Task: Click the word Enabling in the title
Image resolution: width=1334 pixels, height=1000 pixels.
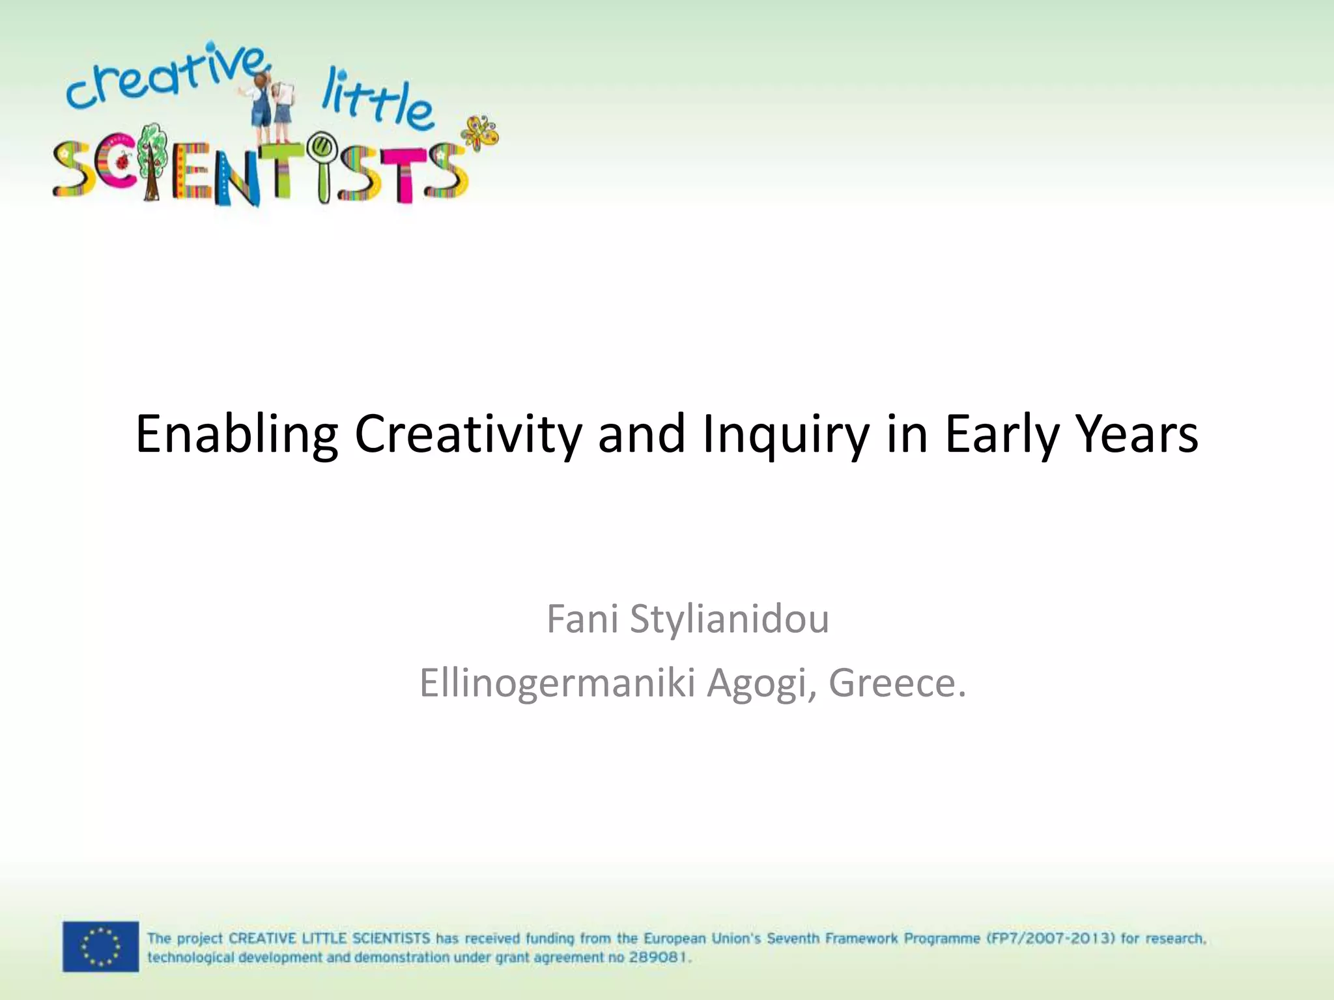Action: coord(236,434)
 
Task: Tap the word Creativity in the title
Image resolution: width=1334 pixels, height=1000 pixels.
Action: coord(468,434)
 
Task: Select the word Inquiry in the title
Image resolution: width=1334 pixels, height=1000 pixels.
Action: coord(785,434)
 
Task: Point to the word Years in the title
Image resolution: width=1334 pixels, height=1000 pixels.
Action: coord(1137,434)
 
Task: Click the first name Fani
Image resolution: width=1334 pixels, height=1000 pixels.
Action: coord(582,618)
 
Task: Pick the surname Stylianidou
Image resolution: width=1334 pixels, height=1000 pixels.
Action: coord(730,618)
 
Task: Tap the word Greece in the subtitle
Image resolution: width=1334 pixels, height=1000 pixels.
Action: coord(897,683)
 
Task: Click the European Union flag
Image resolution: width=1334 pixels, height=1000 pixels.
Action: coord(100,946)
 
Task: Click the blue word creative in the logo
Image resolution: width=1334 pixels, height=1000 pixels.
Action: coord(163,78)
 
